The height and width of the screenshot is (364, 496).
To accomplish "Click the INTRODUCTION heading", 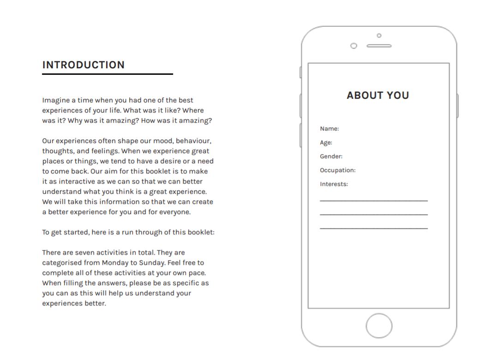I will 84,65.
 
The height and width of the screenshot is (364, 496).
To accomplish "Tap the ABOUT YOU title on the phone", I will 378,95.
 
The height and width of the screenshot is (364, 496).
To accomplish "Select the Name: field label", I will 329,129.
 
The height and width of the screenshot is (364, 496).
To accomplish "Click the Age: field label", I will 326,143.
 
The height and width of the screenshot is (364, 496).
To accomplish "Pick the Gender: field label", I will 331,156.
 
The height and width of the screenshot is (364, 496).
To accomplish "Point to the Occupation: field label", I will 338,170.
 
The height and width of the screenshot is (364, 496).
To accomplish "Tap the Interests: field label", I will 334,184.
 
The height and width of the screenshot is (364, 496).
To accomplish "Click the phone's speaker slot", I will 379,46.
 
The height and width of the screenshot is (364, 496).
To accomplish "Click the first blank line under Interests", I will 374,201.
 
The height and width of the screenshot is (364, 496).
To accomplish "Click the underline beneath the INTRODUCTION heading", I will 108,74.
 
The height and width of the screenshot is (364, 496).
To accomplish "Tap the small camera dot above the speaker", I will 379,36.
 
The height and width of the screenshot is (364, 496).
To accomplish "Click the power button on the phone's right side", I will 457,106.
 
